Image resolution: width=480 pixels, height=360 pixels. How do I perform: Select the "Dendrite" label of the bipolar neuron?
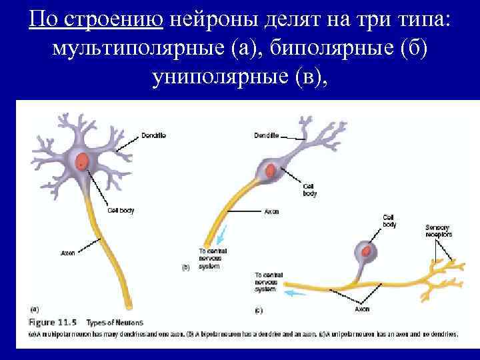click(x=266, y=135)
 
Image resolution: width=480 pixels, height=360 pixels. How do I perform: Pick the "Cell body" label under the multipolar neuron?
click(x=121, y=210)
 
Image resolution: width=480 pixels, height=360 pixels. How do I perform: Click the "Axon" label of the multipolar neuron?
click(x=67, y=253)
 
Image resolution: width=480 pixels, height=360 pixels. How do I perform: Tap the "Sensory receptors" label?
click(x=438, y=231)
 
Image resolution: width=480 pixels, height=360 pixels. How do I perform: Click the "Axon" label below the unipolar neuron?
click(x=362, y=309)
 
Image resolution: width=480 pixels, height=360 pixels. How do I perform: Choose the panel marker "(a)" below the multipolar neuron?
click(x=35, y=309)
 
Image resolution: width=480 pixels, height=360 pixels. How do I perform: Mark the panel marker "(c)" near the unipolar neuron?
click(x=259, y=310)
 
